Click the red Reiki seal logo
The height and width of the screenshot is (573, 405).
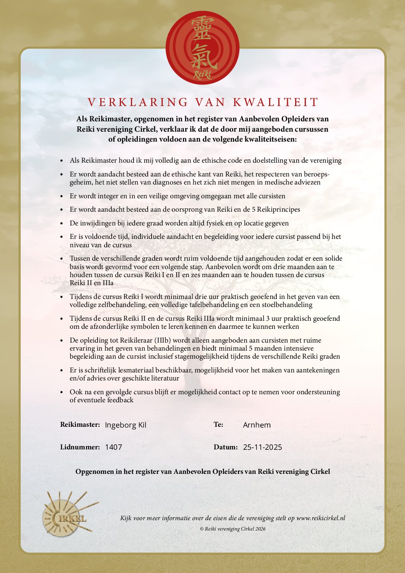[x=202, y=48]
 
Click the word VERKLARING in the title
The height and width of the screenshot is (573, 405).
[x=137, y=102]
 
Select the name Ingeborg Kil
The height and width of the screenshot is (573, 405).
[x=126, y=425]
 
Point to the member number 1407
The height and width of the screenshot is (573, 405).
[x=113, y=447]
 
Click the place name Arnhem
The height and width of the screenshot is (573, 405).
[x=256, y=425]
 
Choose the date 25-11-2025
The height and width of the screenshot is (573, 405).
[x=262, y=447]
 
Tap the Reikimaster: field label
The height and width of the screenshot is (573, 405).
[x=80, y=424]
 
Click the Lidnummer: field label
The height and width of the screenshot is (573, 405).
[x=80, y=447]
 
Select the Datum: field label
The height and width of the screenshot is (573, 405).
[x=225, y=447]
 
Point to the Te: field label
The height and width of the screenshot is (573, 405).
[x=218, y=424]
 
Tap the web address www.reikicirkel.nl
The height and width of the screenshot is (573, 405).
[x=320, y=518]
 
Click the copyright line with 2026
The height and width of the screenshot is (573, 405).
[x=232, y=529]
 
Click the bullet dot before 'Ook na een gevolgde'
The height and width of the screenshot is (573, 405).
[x=62, y=392]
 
